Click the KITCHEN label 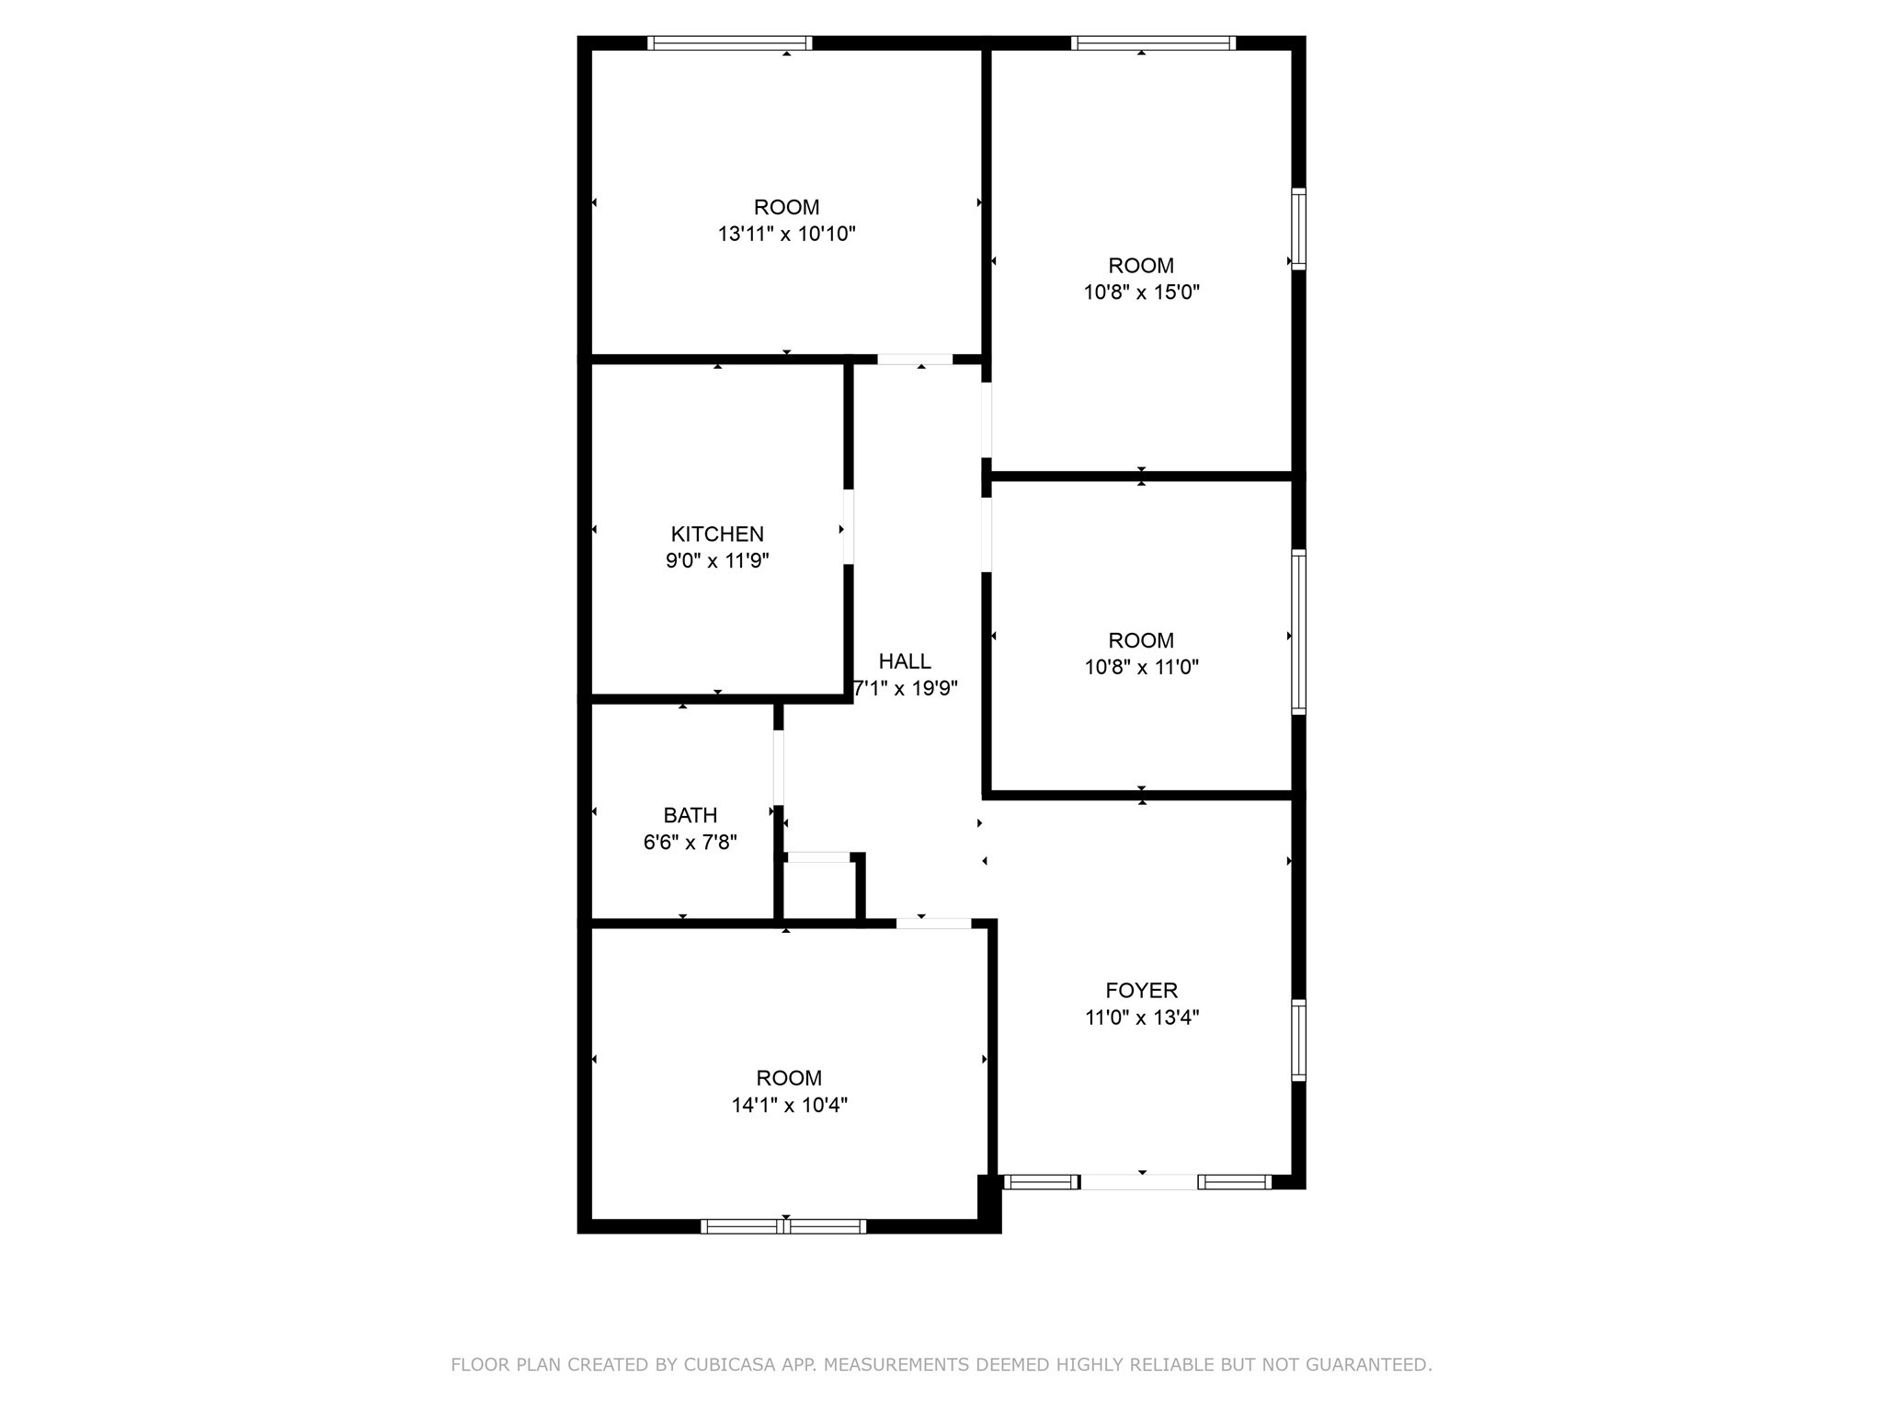pyautogui.click(x=717, y=534)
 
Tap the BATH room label pyautogui.click(x=690, y=815)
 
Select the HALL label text pyautogui.click(x=905, y=661)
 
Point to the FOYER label pyautogui.click(x=1141, y=990)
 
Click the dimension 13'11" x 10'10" pyautogui.click(x=786, y=234)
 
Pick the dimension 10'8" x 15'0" pyautogui.click(x=1141, y=293)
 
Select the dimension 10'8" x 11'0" pyautogui.click(x=1141, y=667)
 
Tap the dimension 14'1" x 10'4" pyautogui.click(x=789, y=1105)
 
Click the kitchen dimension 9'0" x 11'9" pyautogui.click(x=717, y=560)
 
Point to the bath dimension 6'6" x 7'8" pyautogui.click(x=690, y=842)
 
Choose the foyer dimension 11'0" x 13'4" pyautogui.click(x=1141, y=1017)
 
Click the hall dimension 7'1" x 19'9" pyautogui.click(x=907, y=688)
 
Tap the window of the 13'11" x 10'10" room pyautogui.click(x=730, y=43)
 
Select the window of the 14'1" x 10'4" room pyautogui.click(x=783, y=1225)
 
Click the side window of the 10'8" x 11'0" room pyautogui.click(x=1298, y=632)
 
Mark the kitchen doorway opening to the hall pyautogui.click(x=849, y=526)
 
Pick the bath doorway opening pyautogui.click(x=779, y=767)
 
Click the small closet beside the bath pyautogui.click(x=819, y=890)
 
